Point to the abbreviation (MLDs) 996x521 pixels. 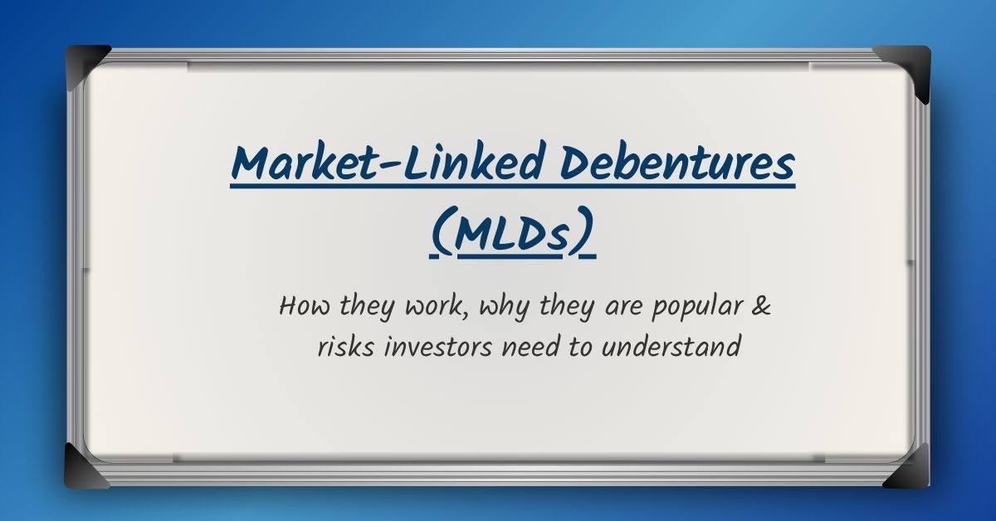[x=514, y=235]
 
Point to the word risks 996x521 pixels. [x=344, y=347]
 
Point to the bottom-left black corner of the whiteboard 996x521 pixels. [x=85, y=464]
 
